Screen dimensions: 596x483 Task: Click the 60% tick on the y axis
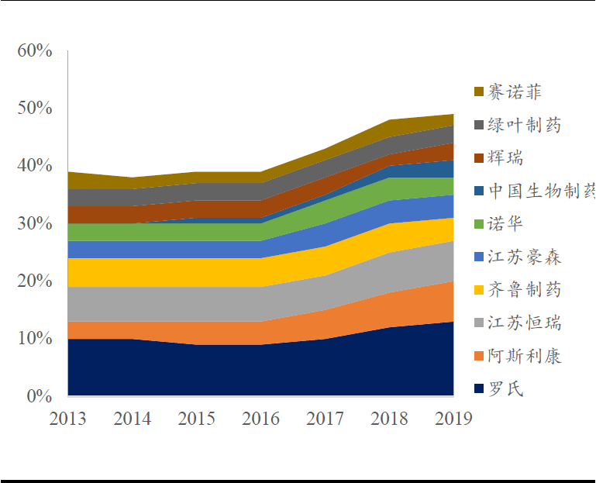point(35,50)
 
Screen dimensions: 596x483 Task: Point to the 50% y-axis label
point(35,108)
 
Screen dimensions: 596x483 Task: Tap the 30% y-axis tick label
point(35,223)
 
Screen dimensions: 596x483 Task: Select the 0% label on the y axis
point(40,396)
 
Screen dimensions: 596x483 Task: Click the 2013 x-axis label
point(67,419)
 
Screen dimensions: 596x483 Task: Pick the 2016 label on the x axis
point(260,419)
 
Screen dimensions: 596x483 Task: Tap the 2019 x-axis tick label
point(453,419)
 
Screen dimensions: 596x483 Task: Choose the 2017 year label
point(325,419)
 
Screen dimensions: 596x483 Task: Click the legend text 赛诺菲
point(515,91)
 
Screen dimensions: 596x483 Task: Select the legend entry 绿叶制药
point(525,125)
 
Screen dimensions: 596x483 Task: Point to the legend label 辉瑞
point(505,158)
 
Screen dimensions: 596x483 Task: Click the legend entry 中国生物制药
point(542,191)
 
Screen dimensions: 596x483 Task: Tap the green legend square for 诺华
point(479,224)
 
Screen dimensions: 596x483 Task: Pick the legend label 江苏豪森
point(525,257)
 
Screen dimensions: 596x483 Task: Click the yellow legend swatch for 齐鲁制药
point(479,290)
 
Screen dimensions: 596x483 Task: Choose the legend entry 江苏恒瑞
point(525,323)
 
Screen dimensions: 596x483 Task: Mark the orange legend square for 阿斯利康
point(479,357)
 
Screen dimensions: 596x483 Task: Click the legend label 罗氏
point(505,389)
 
